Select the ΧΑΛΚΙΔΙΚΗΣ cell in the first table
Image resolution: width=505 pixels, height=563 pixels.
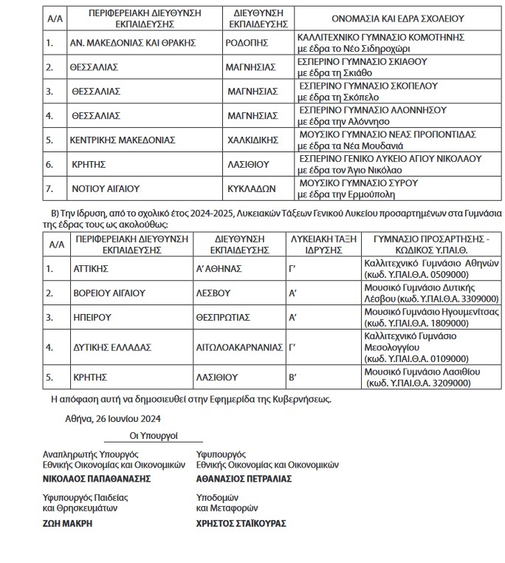252,139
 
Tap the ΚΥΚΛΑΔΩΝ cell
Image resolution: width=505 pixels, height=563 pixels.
250,188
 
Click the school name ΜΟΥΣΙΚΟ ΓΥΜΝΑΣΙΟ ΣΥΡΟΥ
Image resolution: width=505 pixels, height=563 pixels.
357,182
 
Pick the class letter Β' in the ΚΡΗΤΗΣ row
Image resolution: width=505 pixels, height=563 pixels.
293,378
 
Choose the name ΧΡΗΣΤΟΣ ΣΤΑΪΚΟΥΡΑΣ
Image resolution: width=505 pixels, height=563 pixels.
241,523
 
